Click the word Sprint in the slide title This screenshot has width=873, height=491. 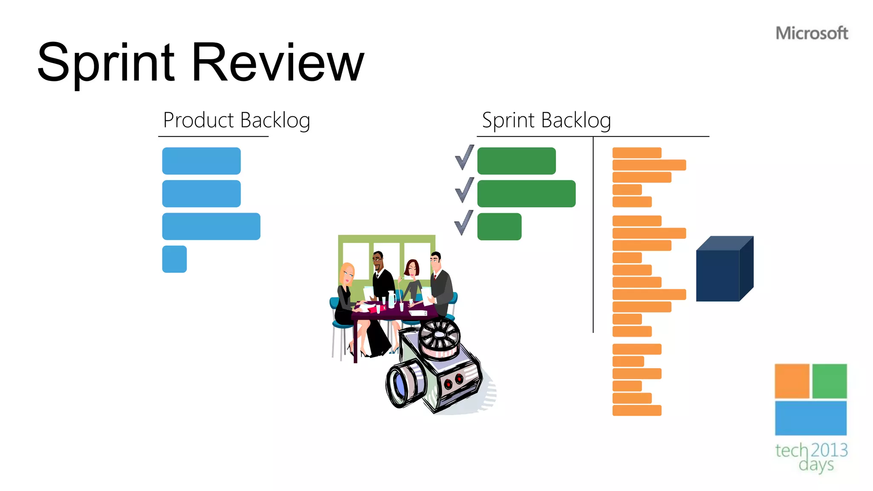point(106,63)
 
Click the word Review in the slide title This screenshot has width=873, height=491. point(278,63)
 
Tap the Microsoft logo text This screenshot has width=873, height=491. point(812,33)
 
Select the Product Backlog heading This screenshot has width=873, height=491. point(237,120)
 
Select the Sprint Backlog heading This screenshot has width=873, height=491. point(546,120)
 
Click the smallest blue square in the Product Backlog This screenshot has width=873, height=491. point(174,259)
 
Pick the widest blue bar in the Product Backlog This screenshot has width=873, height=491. point(211,226)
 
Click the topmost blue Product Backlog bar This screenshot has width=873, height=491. point(201,161)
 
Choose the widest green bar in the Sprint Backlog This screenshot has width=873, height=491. point(526,194)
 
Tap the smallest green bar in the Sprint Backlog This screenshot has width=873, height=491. point(499,226)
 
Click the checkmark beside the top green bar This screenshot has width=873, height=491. point(464,158)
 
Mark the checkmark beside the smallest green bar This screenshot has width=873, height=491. point(464,223)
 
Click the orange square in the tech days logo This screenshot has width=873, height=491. point(792,381)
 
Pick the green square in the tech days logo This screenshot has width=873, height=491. point(829,381)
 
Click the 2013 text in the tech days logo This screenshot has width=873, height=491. point(829,450)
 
